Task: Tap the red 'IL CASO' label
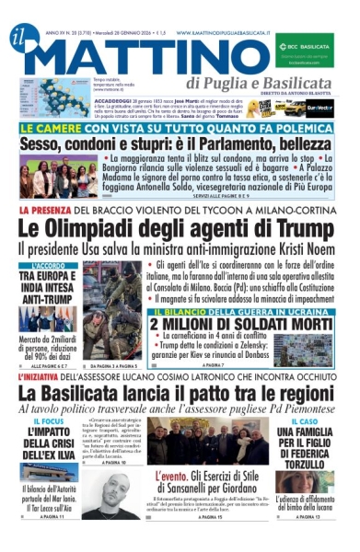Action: tap(308, 420)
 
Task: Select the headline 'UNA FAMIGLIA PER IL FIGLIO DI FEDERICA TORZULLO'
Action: tap(308, 449)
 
